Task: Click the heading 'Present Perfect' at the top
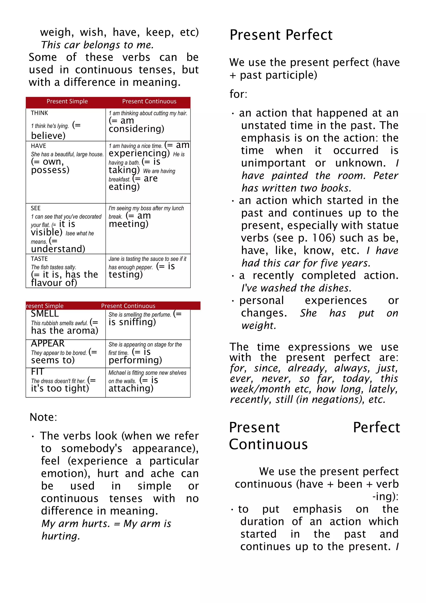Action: pyautogui.click(x=281, y=35)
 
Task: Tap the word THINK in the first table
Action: pyautogui.click(x=39, y=113)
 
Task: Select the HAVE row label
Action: pyautogui.click(x=38, y=146)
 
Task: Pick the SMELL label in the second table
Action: pyautogui.click(x=45, y=314)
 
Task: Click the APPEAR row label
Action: pyautogui.click(x=47, y=343)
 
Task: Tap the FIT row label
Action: pyautogui.click(x=37, y=372)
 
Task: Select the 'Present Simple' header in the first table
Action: pyautogui.click(x=67, y=101)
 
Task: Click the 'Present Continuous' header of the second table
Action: pyautogui.click(x=128, y=306)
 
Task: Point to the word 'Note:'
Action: pyautogui.click(x=43, y=417)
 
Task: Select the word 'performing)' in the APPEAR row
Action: pyautogui.click(x=135, y=360)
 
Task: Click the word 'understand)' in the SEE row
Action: pyautogui.click(x=58, y=249)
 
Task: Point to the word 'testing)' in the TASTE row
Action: pyautogui.click(x=126, y=274)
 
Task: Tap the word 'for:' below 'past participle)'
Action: pyautogui.click(x=238, y=94)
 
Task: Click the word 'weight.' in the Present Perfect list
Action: pyautogui.click(x=259, y=325)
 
